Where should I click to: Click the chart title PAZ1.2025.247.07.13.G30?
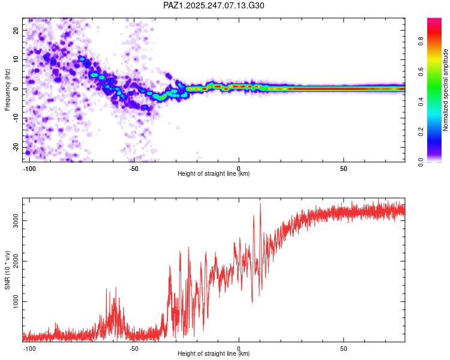214,5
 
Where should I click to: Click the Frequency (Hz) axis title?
7,90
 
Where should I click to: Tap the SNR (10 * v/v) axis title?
7,270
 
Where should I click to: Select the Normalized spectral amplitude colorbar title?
445,90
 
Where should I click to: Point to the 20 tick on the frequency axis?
16,31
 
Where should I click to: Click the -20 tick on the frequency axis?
16,147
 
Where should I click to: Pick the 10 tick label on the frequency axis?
16,59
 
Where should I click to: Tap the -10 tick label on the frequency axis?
16,118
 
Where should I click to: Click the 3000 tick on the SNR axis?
16,220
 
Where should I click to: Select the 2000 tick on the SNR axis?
16,261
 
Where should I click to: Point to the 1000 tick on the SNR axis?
16,301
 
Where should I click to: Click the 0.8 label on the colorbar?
421,41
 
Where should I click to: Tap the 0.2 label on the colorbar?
421,131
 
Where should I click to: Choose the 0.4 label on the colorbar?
421,101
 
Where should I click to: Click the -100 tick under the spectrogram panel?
29,169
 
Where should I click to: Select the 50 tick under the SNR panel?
344,349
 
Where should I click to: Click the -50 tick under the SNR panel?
134,349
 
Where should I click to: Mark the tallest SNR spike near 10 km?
260,203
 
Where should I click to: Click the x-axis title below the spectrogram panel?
214,173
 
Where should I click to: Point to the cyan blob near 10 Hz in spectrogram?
82,59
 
